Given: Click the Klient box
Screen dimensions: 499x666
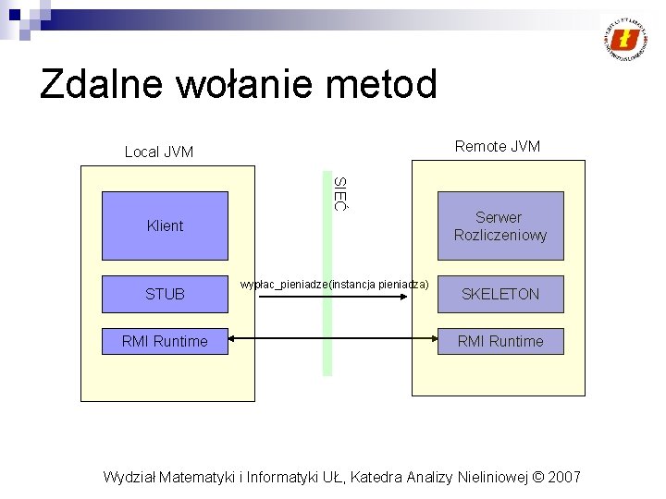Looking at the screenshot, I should [x=165, y=225].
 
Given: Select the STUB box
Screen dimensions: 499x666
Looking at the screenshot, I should [x=165, y=294].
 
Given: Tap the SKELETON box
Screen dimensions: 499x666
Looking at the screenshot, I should [x=500, y=294].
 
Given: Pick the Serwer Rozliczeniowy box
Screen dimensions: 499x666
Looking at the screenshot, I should [x=500, y=226].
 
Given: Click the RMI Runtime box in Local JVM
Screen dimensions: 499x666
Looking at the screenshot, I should [x=165, y=341].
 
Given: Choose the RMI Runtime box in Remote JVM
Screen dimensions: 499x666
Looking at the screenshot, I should [x=500, y=341].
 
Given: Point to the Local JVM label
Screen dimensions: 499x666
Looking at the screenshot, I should [x=159, y=152].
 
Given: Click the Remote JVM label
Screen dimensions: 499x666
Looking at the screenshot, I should [x=498, y=146].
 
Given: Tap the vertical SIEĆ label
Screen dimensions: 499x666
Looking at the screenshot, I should [x=339, y=193].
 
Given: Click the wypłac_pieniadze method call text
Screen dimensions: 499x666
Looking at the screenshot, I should [x=334, y=285].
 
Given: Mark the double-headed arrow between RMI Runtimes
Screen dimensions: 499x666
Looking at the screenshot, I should [x=333, y=341].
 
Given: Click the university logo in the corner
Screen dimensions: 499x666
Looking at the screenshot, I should [x=626, y=39].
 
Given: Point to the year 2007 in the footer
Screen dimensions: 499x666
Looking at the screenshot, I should [x=564, y=477].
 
